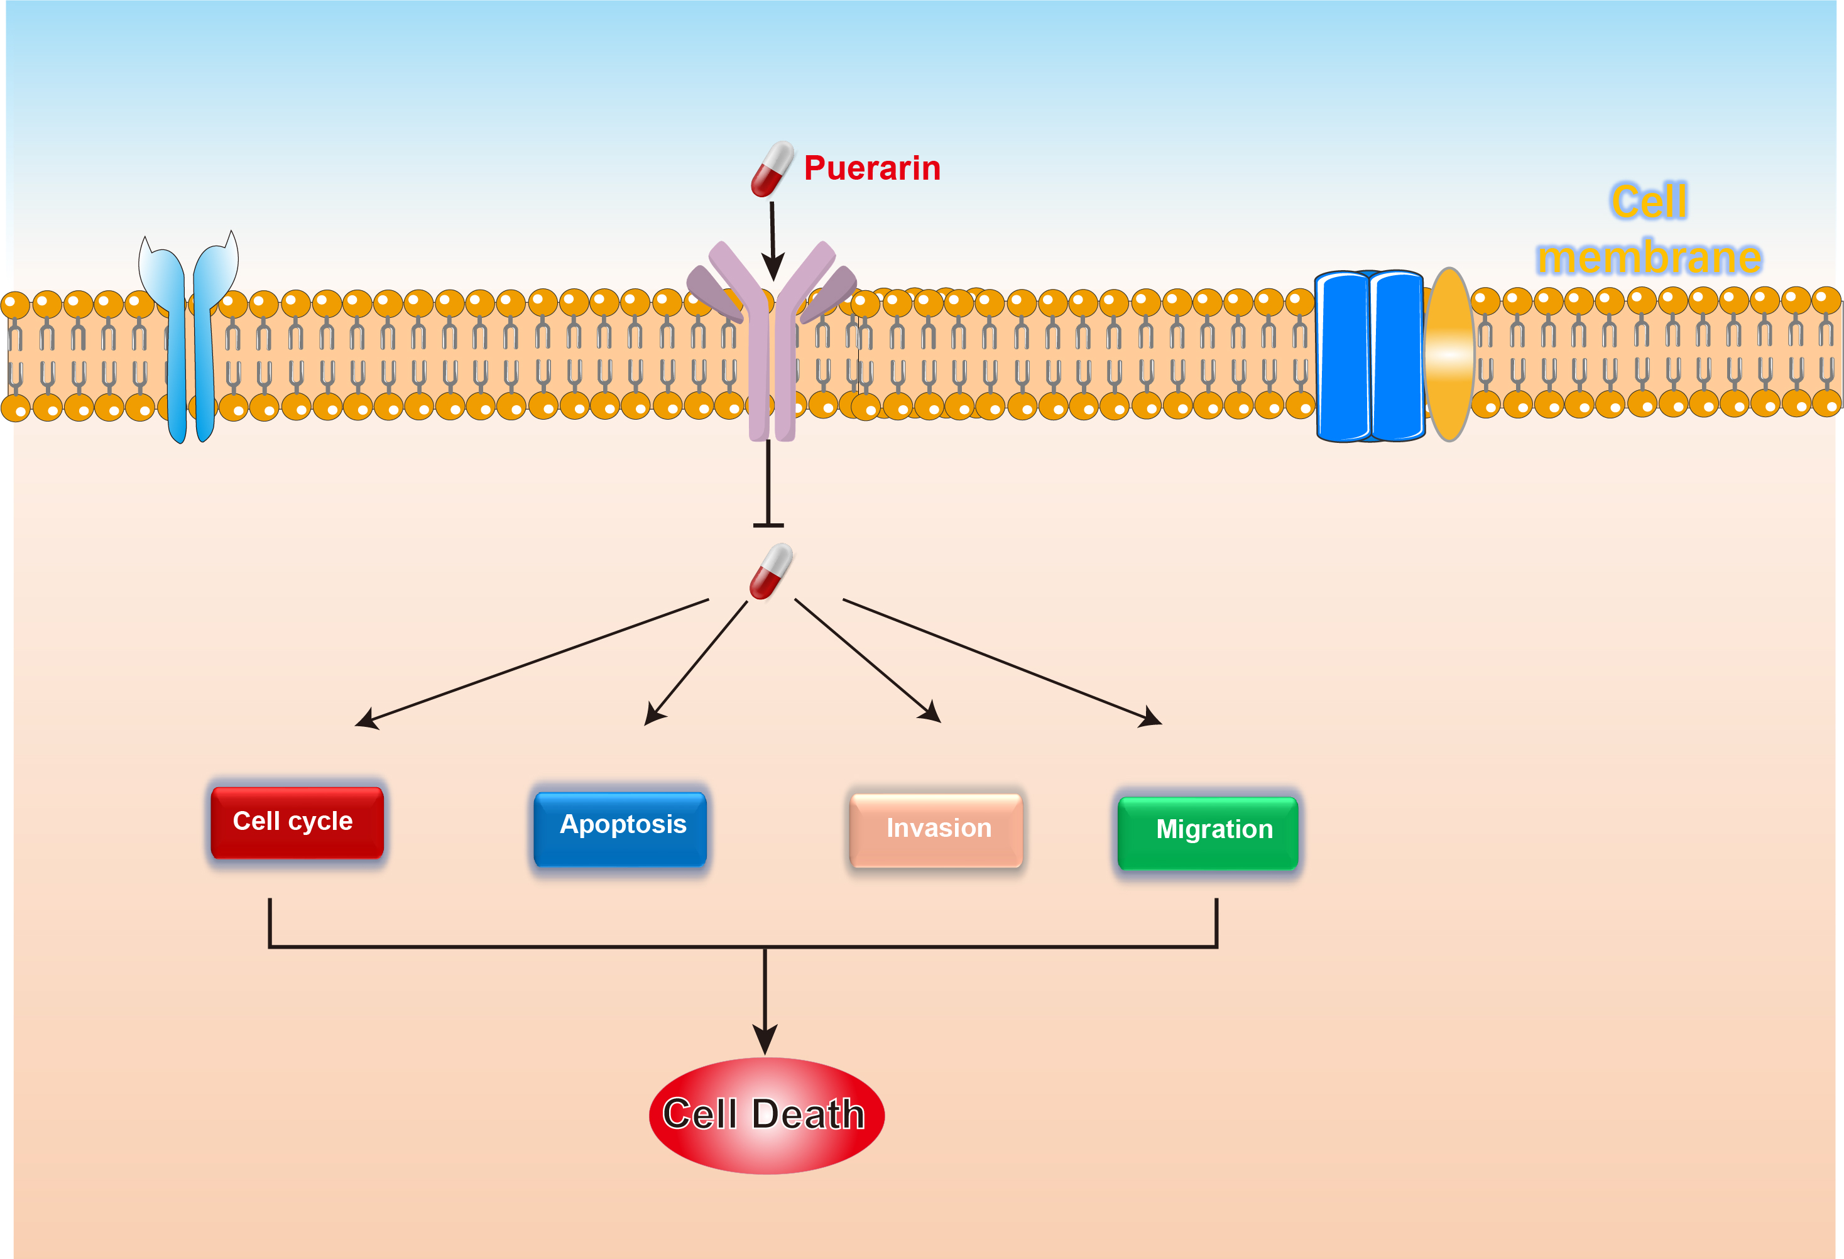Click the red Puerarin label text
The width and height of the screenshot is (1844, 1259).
coord(871,168)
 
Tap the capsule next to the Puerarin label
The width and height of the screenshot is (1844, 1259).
coord(772,169)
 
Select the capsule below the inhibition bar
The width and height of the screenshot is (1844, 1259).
coord(770,571)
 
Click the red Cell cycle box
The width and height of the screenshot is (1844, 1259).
coord(297,822)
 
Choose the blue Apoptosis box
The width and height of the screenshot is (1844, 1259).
coord(621,827)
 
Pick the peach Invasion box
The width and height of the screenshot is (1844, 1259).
coord(936,829)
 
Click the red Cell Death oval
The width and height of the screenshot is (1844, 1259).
coord(766,1115)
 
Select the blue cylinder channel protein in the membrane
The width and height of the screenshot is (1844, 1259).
coord(1370,356)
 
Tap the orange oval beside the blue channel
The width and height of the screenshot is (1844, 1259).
coord(1449,354)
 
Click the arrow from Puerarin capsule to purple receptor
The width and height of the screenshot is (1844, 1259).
coord(773,238)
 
